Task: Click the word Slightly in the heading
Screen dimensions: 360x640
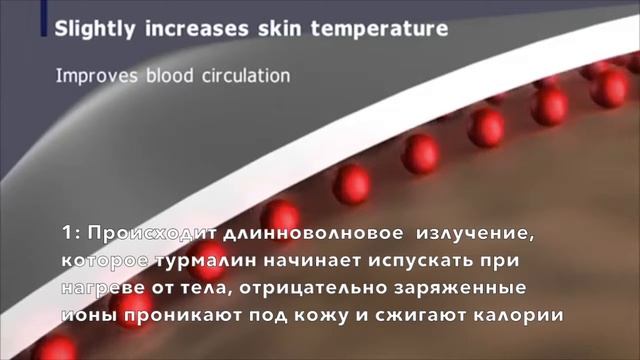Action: [x=93, y=29]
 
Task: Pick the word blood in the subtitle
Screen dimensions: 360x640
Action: [x=166, y=75]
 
